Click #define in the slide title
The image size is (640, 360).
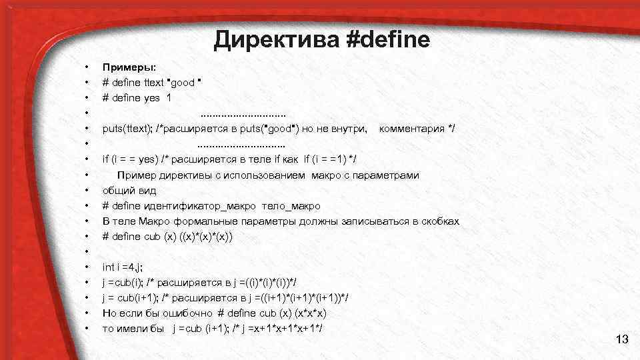click(x=389, y=41)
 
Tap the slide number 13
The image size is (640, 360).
click(x=622, y=341)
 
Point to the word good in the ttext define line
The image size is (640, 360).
click(x=183, y=83)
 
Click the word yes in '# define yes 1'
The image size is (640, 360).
click(x=152, y=97)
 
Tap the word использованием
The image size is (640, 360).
click(x=265, y=175)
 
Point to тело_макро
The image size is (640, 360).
click(x=291, y=206)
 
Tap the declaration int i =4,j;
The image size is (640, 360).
click(x=123, y=267)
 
